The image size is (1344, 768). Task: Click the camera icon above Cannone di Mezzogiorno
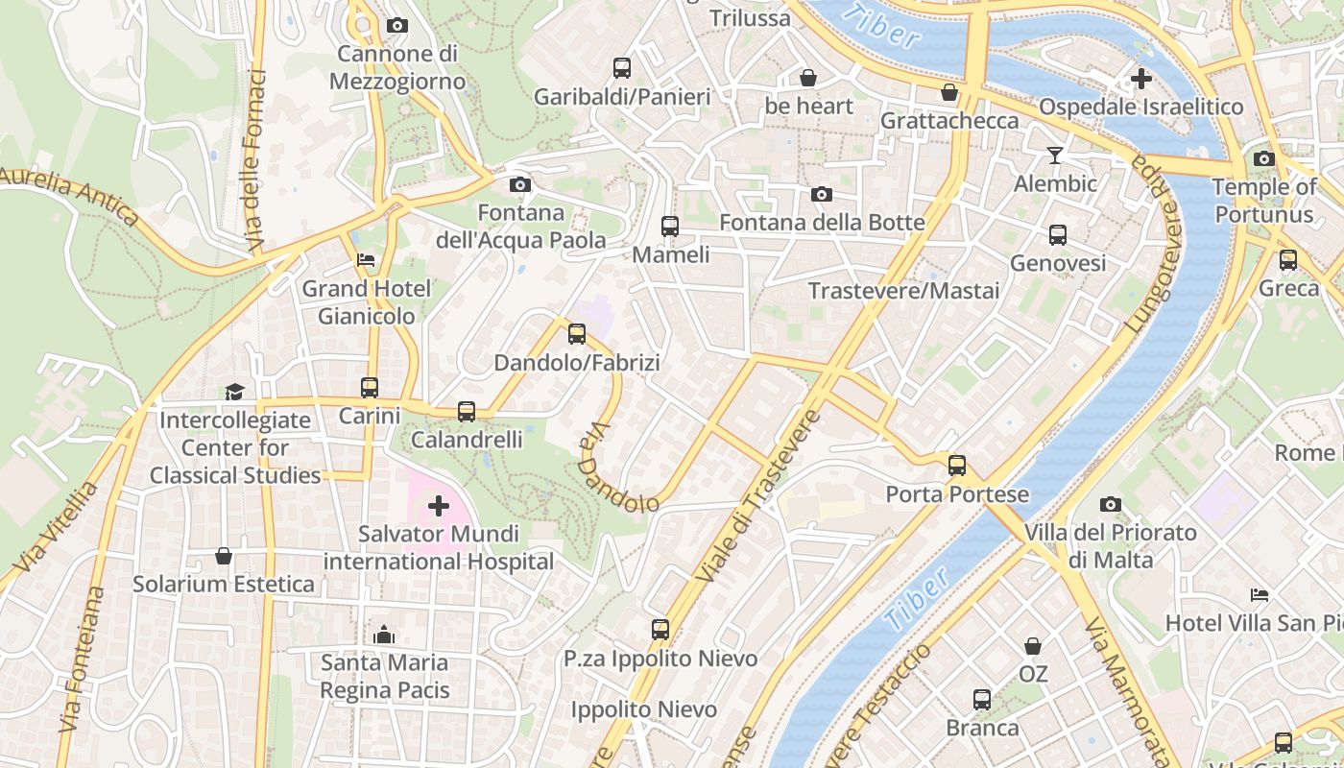click(396, 26)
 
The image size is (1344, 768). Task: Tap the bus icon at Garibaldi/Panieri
click(622, 68)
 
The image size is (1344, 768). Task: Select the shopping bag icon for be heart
click(808, 78)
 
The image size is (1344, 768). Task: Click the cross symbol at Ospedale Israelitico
click(1140, 78)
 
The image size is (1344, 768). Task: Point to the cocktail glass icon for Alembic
click(1055, 156)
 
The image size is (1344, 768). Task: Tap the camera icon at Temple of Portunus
click(1264, 158)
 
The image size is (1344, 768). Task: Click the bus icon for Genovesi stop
click(1057, 235)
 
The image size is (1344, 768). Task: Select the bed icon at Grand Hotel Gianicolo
click(366, 260)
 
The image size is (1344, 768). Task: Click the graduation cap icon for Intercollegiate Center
click(234, 392)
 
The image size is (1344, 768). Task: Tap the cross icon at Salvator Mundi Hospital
click(439, 505)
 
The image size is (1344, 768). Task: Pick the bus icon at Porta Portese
click(957, 466)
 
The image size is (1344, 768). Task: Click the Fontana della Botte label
click(822, 223)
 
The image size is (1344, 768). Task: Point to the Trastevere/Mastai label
click(903, 291)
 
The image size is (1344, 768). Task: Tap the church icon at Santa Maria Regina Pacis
click(384, 635)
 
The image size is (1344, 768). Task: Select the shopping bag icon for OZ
click(1033, 646)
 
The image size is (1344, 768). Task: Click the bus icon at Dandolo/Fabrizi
click(576, 334)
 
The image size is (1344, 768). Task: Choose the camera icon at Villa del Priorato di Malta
click(1111, 504)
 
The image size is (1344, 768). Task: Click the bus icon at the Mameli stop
click(670, 227)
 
